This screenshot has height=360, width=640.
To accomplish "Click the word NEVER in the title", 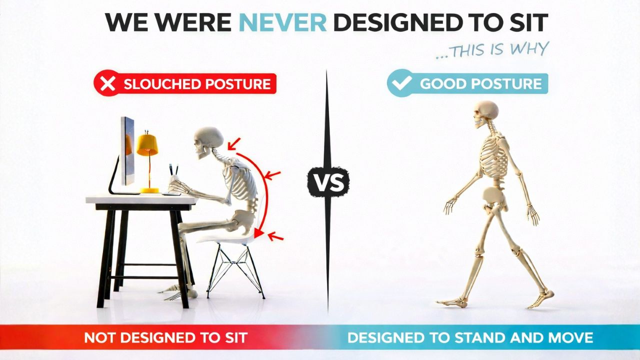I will [x=283, y=23].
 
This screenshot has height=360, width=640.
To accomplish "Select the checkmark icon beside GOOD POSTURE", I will [x=401, y=83].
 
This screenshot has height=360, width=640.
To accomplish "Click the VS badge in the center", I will [x=328, y=181].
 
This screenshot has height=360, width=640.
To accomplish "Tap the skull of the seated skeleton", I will [x=207, y=140].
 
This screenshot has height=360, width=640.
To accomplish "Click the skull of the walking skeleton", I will [x=485, y=113].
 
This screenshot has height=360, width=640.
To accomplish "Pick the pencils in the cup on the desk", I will [x=173, y=170].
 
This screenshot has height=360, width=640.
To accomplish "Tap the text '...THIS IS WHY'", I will [x=492, y=50].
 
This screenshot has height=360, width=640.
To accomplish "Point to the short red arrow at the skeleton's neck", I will [x=232, y=143].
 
